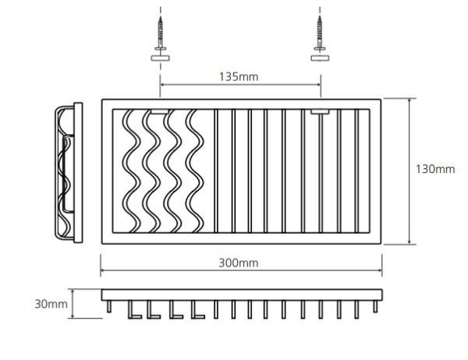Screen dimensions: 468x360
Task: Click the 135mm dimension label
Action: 239,77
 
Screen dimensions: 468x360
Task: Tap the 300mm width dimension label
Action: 239,263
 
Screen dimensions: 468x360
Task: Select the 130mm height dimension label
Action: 435,169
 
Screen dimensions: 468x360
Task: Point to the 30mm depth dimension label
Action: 51,304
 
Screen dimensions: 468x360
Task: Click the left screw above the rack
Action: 161,34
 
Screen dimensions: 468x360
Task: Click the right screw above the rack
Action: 320,34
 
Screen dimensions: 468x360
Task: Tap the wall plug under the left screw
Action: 160,58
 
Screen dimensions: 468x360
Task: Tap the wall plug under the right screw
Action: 320,58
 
